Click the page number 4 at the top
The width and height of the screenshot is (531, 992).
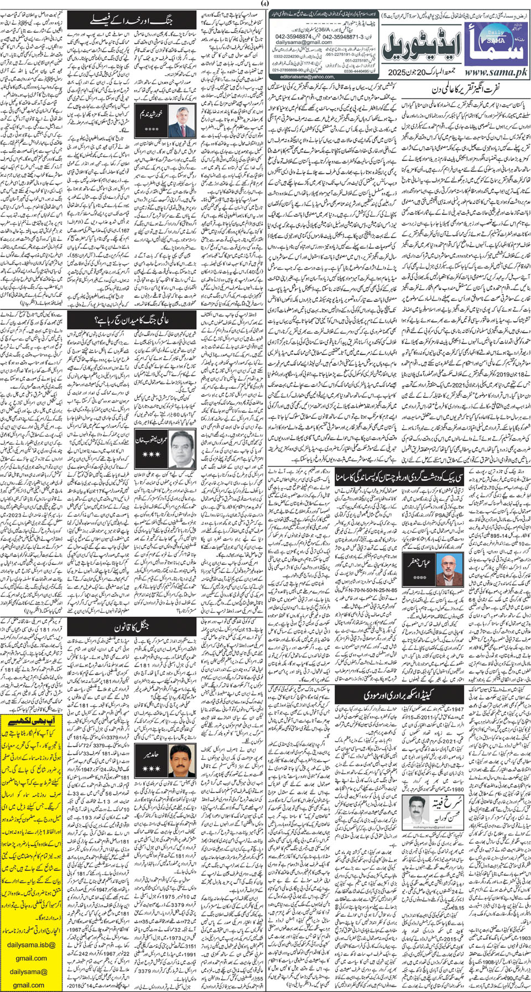(265, 4)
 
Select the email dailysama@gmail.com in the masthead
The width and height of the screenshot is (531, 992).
(296, 42)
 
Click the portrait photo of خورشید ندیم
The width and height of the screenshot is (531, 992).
(180, 122)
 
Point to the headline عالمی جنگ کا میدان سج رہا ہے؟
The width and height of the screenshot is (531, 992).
(132, 319)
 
